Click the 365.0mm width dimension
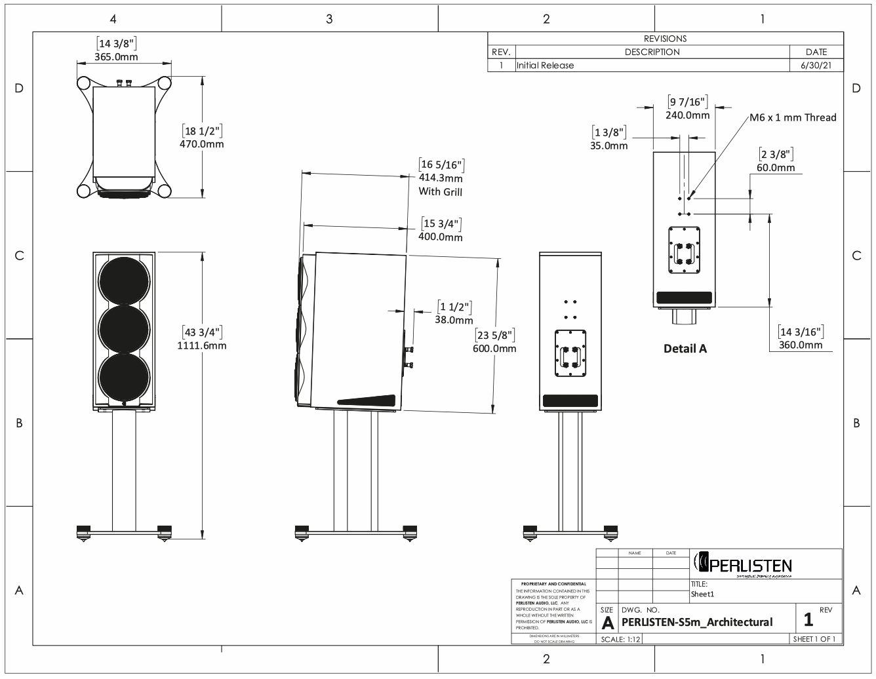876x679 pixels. pyautogui.click(x=117, y=57)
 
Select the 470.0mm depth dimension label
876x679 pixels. pyautogui.click(x=201, y=143)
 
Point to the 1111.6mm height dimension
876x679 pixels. pyautogui.click(x=201, y=345)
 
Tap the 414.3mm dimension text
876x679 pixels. pyautogui.click(x=441, y=178)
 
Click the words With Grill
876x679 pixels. pyautogui.click(x=441, y=192)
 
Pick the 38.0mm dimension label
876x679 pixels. pyautogui.click(x=454, y=320)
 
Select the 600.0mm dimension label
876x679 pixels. pyautogui.click(x=494, y=349)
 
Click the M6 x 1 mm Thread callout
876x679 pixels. pyautogui.click(x=793, y=118)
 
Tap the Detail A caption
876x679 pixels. pyautogui.click(x=685, y=349)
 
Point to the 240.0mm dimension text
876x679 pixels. pyautogui.click(x=688, y=115)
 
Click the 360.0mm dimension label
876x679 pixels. pyautogui.click(x=801, y=345)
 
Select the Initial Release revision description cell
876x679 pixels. pyautogui.click(x=546, y=66)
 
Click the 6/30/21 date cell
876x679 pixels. pyautogui.click(x=816, y=66)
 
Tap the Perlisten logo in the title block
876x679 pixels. pyautogui.click(x=742, y=564)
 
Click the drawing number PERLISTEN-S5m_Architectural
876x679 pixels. pyautogui.click(x=696, y=622)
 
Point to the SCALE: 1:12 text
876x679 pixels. pyautogui.click(x=620, y=639)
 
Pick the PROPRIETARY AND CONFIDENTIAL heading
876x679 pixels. pyautogui.click(x=553, y=584)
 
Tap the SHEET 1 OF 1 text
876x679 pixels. pyautogui.click(x=815, y=639)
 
